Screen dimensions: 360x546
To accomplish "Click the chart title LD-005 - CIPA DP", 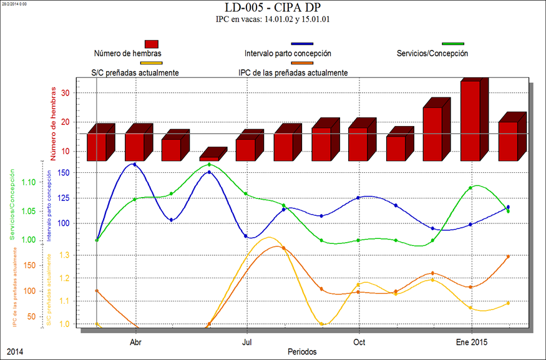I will pyautogui.click(x=273, y=8).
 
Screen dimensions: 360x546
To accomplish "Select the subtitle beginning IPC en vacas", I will pyautogui.click(x=273, y=20).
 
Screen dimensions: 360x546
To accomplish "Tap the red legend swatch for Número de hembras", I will pyautogui.click(x=151, y=44).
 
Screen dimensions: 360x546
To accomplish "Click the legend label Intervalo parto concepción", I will pyautogui.click(x=288, y=54).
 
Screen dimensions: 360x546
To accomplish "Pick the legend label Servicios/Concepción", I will pyautogui.click(x=432, y=54).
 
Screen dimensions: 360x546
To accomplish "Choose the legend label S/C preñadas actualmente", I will pyautogui.click(x=130, y=72).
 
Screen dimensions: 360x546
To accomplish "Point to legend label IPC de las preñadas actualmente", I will pyautogui.click(x=293, y=72).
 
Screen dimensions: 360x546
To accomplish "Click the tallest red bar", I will pyautogui.click(x=470, y=120).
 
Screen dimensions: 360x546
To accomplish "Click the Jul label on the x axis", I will pyautogui.click(x=247, y=343).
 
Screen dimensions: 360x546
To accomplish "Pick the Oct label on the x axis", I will pyautogui.click(x=359, y=343).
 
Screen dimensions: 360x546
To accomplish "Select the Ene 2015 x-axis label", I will pyautogui.click(x=472, y=343).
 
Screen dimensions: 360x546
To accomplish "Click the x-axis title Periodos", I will pyautogui.click(x=302, y=351).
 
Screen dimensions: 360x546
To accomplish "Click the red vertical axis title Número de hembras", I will pyautogui.click(x=54, y=122).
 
